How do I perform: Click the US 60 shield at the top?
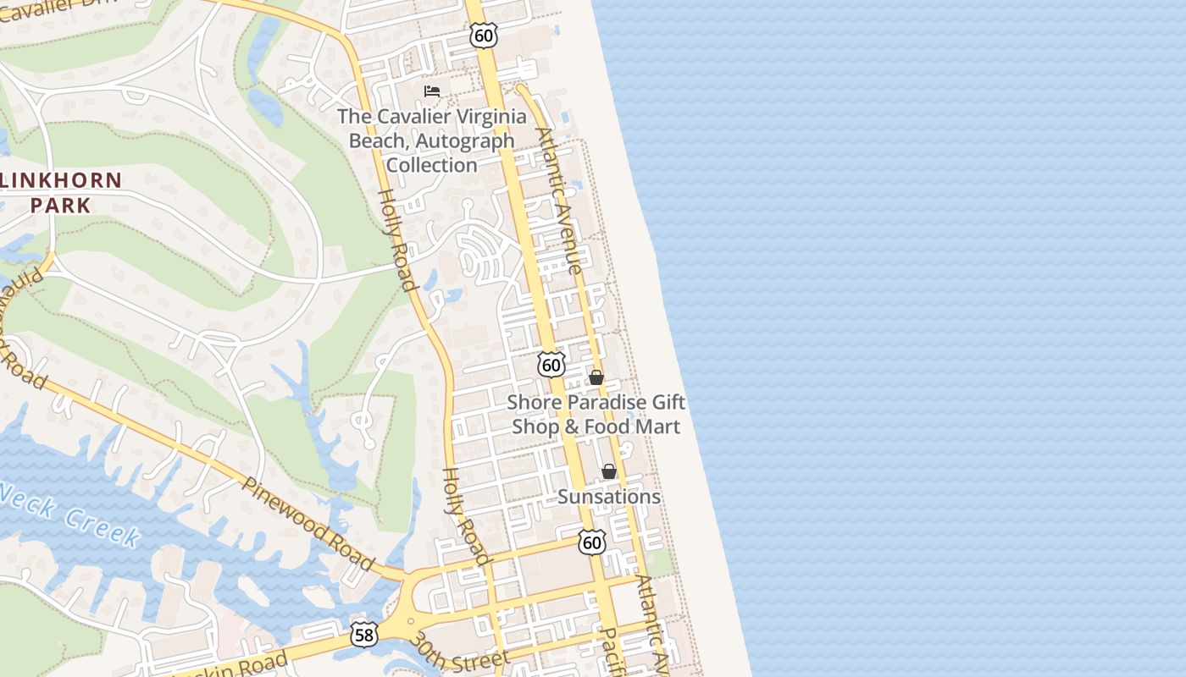click(x=483, y=35)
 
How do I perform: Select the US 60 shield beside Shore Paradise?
click(x=551, y=365)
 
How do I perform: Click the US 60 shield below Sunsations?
click(x=592, y=542)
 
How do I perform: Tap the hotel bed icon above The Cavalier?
click(x=432, y=91)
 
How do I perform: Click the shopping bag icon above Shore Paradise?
click(x=596, y=377)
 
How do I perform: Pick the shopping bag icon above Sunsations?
click(x=609, y=471)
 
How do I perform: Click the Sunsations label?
click(x=609, y=497)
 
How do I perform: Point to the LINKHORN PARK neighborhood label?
click(x=61, y=192)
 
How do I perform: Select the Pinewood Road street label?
click(x=308, y=523)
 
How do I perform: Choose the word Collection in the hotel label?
click(x=432, y=165)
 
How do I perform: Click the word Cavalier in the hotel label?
click(x=412, y=117)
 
